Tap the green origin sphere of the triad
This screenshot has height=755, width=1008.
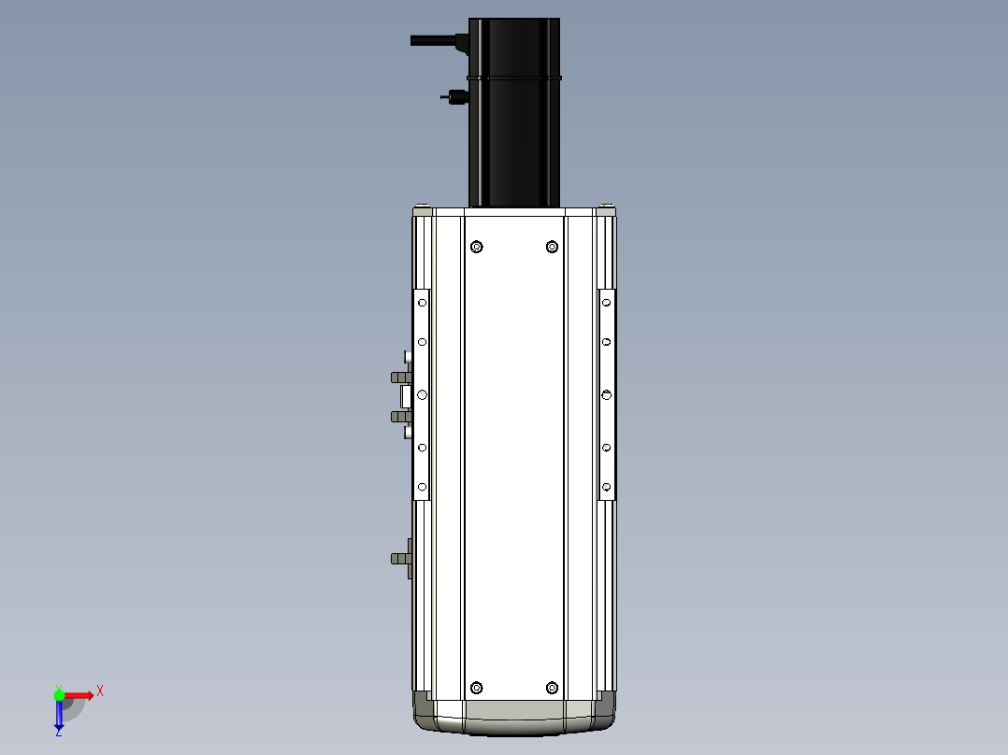click(59, 694)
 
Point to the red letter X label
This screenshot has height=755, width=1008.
click(100, 691)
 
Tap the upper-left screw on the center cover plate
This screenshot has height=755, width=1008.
click(477, 247)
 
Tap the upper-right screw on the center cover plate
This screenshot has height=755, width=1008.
click(552, 247)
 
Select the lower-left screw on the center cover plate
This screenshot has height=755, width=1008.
click(477, 688)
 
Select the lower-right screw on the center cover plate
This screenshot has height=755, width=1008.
click(552, 688)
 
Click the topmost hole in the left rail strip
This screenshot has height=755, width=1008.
click(422, 303)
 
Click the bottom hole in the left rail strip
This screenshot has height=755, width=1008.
click(422, 487)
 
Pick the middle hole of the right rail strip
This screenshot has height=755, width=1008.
click(607, 394)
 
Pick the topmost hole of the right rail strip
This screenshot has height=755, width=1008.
click(607, 303)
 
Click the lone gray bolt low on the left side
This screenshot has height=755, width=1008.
click(400, 559)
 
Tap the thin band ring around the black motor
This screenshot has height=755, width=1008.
click(513, 78)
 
